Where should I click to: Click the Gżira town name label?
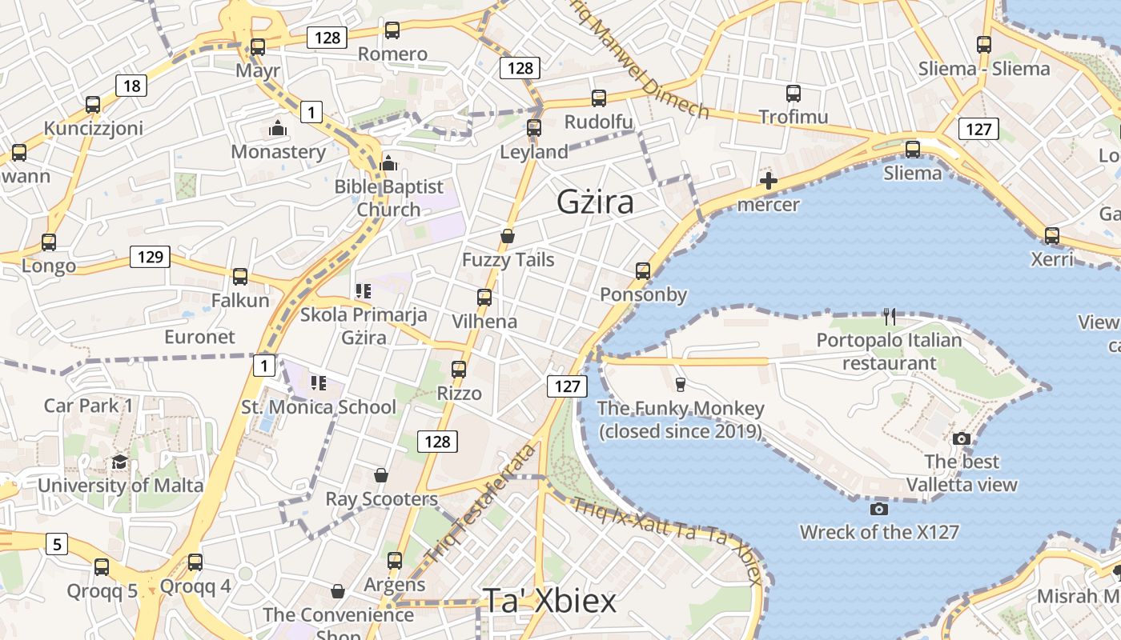(x=595, y=202)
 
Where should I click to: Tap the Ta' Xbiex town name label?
(x=549, y=601)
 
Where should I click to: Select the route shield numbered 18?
(x=131, y=86)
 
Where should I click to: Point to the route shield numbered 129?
(x=150, y=257)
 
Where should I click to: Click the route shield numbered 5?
(x=56, y=545)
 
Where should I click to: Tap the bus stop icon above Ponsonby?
(x=643, y=270)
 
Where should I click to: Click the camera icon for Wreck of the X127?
(x=878, y=509)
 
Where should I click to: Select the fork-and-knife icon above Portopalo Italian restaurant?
(x=889, y=317)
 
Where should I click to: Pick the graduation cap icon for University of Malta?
(x=119, y=462)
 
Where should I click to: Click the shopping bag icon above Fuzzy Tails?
(x=507, y=236)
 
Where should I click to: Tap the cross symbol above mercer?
(x=768, y=181)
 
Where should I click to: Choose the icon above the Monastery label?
(x=278, y=128)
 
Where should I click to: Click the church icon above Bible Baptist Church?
(x=388, y=163)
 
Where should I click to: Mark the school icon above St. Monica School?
(x=319, y=383)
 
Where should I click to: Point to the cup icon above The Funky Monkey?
(x=681, y=385)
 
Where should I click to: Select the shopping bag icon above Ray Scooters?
(x=381, y=475)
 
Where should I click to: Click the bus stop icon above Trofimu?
(x=793, y=94)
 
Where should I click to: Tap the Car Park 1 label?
(x=88, y=406)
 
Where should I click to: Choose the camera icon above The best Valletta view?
(x=962, y=438)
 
